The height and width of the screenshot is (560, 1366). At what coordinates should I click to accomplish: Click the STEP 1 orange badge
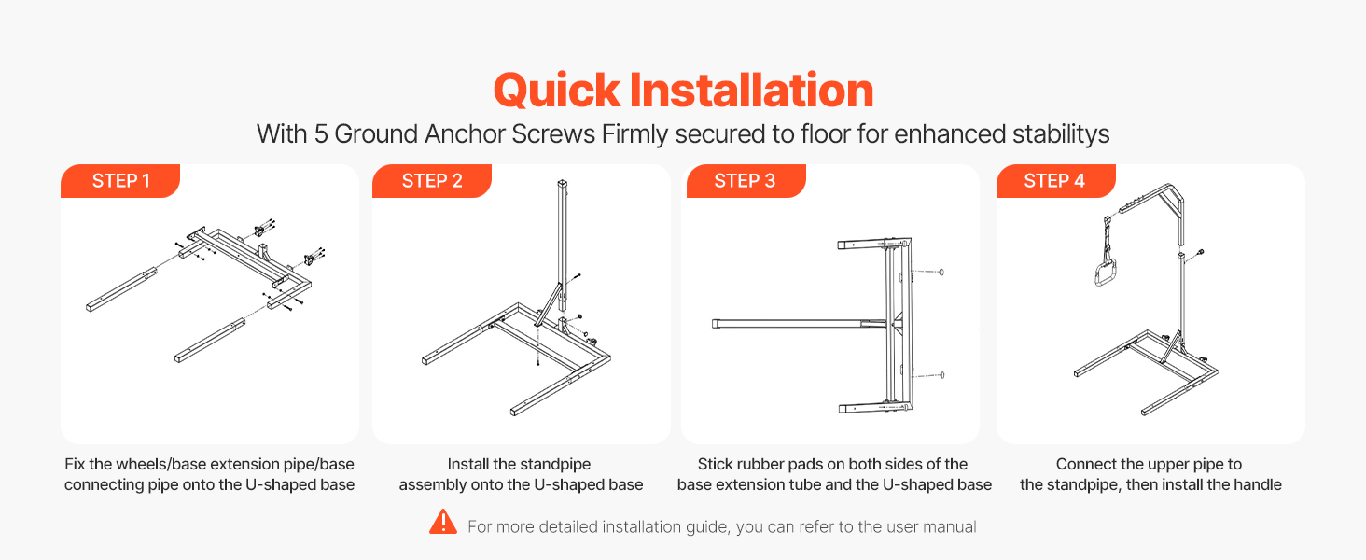coord(120,180)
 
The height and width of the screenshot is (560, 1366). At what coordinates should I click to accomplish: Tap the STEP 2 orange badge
coord(432,180)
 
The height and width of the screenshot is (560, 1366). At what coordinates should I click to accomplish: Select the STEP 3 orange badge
coord(746,180)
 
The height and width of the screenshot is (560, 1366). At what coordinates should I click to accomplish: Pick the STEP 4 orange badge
coord(1055,180)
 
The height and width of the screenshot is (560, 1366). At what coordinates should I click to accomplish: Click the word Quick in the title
coord(557,91)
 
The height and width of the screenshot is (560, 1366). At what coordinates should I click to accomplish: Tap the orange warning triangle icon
coord(443,522)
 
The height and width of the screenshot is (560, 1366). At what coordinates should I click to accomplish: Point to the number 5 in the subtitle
coord(321,134)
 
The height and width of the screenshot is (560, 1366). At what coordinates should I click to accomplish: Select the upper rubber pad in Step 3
coord(941,273)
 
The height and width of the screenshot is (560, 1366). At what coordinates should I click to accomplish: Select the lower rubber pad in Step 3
coord(941,375)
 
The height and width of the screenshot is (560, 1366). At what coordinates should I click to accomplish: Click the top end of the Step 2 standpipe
coord(563,182)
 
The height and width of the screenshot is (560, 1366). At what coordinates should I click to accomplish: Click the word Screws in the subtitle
coord(553,134)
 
